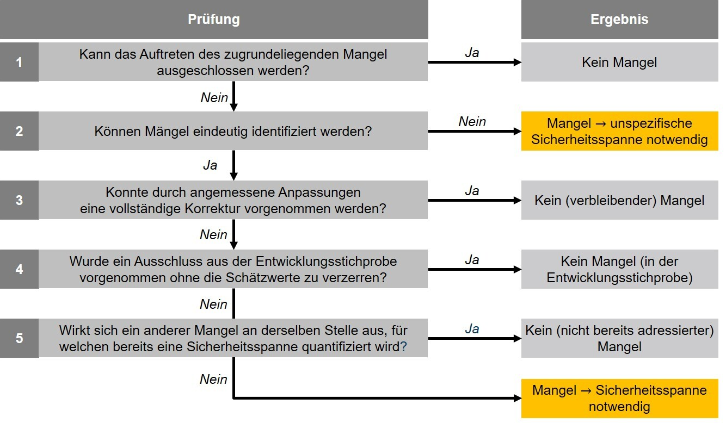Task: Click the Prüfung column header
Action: [x=214, y=20]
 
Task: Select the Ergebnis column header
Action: [x=619, y=20]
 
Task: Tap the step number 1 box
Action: [x=20, y=62]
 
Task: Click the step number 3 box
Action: [x=20, y=200]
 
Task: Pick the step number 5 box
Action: [x=20, y=338]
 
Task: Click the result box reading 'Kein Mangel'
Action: [x=619, y=62]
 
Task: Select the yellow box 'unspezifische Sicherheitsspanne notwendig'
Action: [x=619, y=131]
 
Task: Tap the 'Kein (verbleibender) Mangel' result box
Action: [x=619, y=200]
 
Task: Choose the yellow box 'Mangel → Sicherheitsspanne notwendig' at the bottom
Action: [x=619, y=399]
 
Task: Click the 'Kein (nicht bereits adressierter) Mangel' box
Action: [x=619, y=338]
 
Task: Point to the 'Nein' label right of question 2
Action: [x=472, y=122]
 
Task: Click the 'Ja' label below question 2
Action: [x=210, y=165]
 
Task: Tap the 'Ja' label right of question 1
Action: [x=472, y=53]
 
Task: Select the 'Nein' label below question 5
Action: [x=213, y=380]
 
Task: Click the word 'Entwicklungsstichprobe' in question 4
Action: [x=326, y=262]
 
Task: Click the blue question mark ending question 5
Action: [x=403, y=346]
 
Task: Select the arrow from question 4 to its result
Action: [x=475, y=270]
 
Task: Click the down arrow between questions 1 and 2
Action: [x=233, y=96]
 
